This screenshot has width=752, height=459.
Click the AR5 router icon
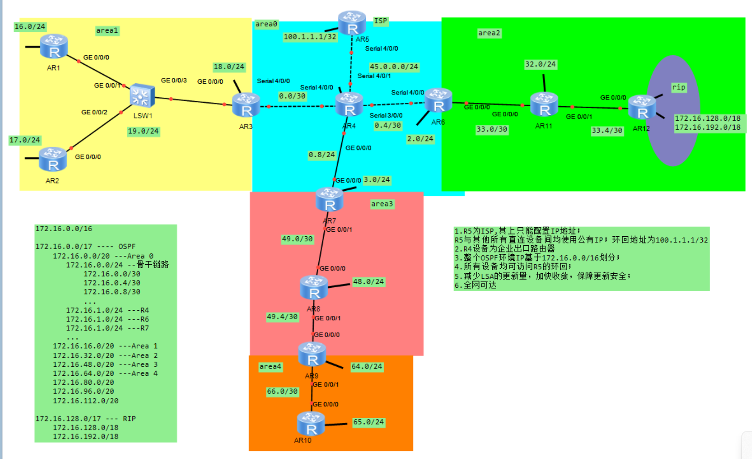pyautogui.click(x=352, y=23)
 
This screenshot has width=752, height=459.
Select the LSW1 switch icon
pyautogui.click(x=142, y=96)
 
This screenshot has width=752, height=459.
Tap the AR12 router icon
pyautogui.click(x=642, y=107)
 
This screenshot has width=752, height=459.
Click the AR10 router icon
pyautogui.click(x=311, y=424)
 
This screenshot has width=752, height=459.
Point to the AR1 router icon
pyautogui.click(x=54, y=46)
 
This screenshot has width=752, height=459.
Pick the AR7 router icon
pyautogui.click(x=329, y=200)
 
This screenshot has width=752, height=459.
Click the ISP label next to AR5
pyautogui.click(x=380, y=21)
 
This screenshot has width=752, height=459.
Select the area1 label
pyautogui.click(x=107, y=31)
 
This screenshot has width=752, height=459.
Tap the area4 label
pyautogui.click(x=270, y=366)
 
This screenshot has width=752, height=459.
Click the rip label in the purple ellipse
pyautogui.click(x=679, y=87)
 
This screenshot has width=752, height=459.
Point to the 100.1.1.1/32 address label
pyautogui.click(x=310, y=37)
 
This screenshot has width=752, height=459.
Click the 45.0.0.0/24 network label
pyautogui.click(x=394, y=67)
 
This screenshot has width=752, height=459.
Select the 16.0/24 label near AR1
pyautogui.click(x=30, y=27)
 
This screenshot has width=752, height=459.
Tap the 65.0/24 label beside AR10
pyautogui.click(x=368, y=422)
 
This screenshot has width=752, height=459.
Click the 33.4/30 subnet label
pyautogui.click(x=607, y=130)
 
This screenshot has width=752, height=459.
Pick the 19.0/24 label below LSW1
pyautogui.click(x=143, y=131)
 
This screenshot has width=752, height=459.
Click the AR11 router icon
pyautogui.click(x=544, y=105)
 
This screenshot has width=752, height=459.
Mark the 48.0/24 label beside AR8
pyautogui.click(x=368, y=282)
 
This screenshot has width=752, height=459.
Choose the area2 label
pyautogui.click(x=489, y=33)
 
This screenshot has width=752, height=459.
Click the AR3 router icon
pyautogui.click(x=246, y=105)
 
